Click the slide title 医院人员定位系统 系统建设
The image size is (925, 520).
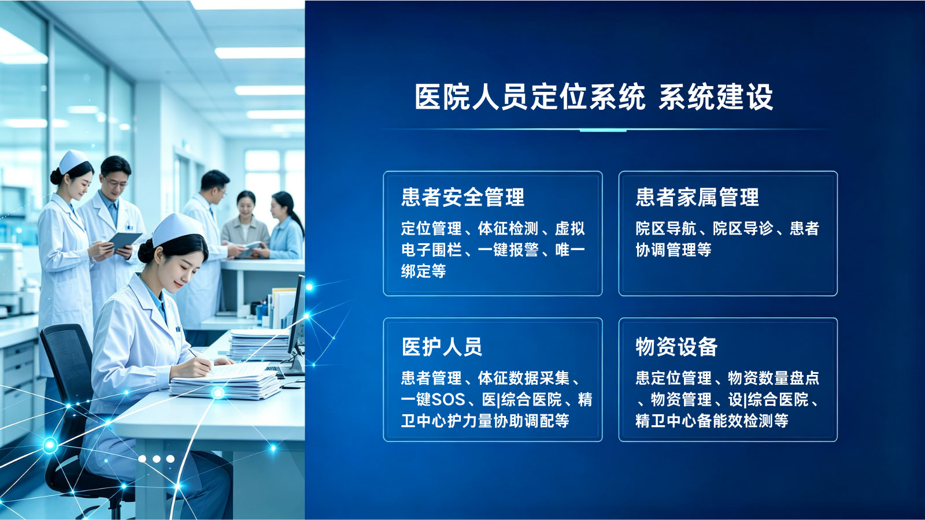click(593, 98)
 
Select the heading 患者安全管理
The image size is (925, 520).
click(463, 197)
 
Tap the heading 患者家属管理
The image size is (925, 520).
click(697, 197)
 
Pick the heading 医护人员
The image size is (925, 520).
click(442, 347)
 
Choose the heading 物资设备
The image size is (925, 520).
click(676, 347)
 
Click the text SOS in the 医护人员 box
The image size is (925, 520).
click(448, 399)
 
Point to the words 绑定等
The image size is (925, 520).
click(423, 271)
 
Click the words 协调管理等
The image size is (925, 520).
click(674, 250)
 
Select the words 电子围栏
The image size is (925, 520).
click(431, 250)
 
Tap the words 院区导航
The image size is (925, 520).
click(665, 228)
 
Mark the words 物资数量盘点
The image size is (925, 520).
click(774, 378)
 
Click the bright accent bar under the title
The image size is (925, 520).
click(603, 131)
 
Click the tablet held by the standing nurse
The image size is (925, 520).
click(124, 240)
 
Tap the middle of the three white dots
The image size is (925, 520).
click(157, 459)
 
